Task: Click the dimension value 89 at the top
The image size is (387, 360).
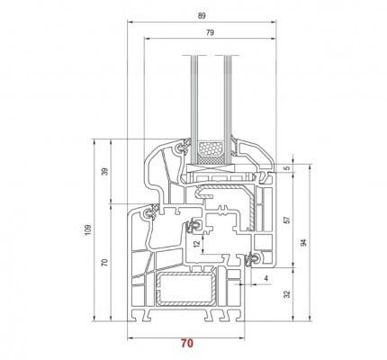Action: (x=202, y=16)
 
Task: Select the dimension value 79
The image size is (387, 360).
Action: (x=211, y=32)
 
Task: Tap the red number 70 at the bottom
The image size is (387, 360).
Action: (x=187, y=343)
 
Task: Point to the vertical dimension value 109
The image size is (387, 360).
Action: (x=87, y=229)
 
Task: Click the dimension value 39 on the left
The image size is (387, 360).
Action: (x=104, y=172)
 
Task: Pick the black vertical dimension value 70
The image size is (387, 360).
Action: (x=104, y=263)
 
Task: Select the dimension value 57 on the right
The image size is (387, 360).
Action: (x=287, y=220)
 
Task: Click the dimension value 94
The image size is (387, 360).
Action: (x=304, y=242)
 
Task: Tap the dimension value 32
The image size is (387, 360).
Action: (x=287, y=294)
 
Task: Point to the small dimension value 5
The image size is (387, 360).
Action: (x=287, y=168)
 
